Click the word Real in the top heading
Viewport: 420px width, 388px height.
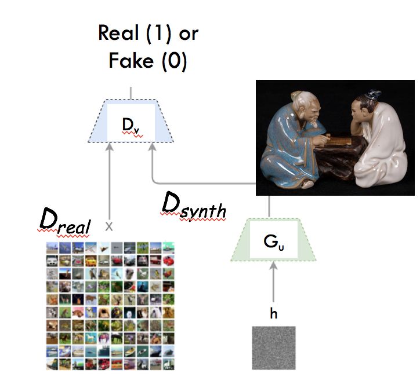pyautogui.click(x=120, y=34)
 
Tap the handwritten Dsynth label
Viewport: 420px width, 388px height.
pyautogui.click(x=193, y=207)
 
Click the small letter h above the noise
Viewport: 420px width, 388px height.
pyautogui.click(x=274, y=313)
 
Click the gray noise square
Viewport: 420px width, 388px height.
pyautogui.click(x=274, y=347)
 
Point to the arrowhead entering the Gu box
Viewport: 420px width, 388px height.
pyautogui.click(x=274, y=265)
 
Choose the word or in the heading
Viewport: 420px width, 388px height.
pyautogui.click(x=188, y=34)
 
